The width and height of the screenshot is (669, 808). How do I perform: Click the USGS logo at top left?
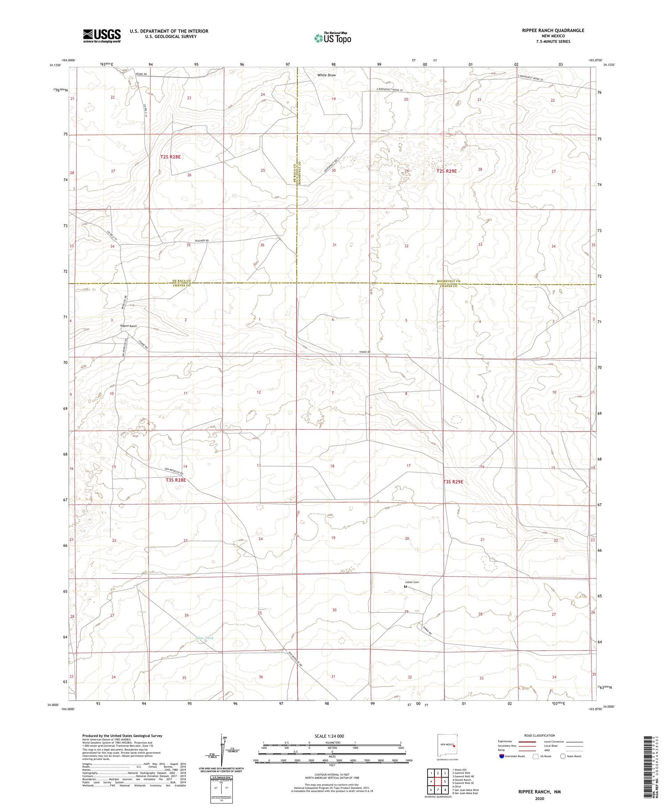[x=102, y=36]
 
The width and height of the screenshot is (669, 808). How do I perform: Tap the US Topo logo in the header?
[x=332, y=38]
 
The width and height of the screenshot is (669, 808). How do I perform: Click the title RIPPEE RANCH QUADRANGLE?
[x=553, y=30]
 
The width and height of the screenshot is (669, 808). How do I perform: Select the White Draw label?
[x=326, y=75]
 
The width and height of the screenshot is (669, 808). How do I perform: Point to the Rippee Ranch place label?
[x=128, y=326]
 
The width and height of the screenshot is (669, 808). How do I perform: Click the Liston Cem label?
[x=412, y=582]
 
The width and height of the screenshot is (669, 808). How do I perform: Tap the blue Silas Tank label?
[x=205, y=638]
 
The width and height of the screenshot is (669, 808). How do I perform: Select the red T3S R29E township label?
[x=453, y=482]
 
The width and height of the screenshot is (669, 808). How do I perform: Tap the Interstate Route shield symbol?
[x=502, y=756]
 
